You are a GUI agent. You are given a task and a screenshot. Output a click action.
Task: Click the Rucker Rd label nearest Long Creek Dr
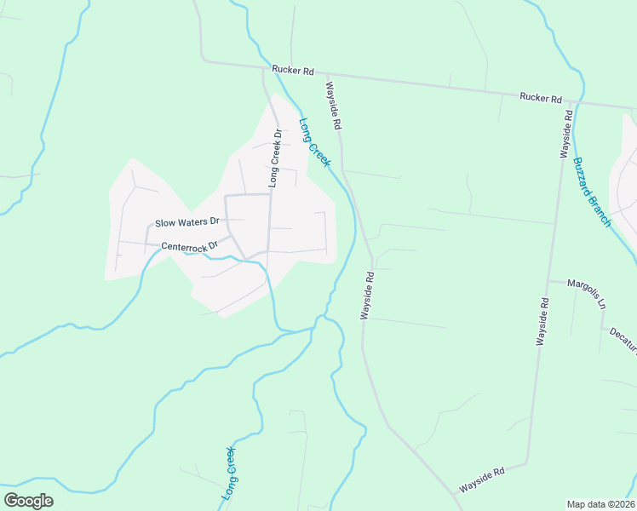[x=294, y=69]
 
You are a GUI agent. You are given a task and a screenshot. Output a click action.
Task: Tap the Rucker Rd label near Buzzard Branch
[x=542, y=98]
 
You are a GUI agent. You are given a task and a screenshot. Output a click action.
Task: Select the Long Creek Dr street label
[x=274, y=158]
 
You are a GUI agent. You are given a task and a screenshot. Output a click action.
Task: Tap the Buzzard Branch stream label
[x=592, y=192]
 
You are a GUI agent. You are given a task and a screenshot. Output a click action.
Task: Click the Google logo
[x=28, y=500]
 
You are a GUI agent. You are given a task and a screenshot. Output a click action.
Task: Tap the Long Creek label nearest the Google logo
[x=228, y=474]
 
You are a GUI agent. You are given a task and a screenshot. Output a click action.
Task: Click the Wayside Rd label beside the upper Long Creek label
[x=332, y=106]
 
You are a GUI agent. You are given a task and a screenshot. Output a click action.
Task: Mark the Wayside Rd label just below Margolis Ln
[x=541, y=320]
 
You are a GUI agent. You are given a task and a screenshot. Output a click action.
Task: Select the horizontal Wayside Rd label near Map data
[x=482, y=480]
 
